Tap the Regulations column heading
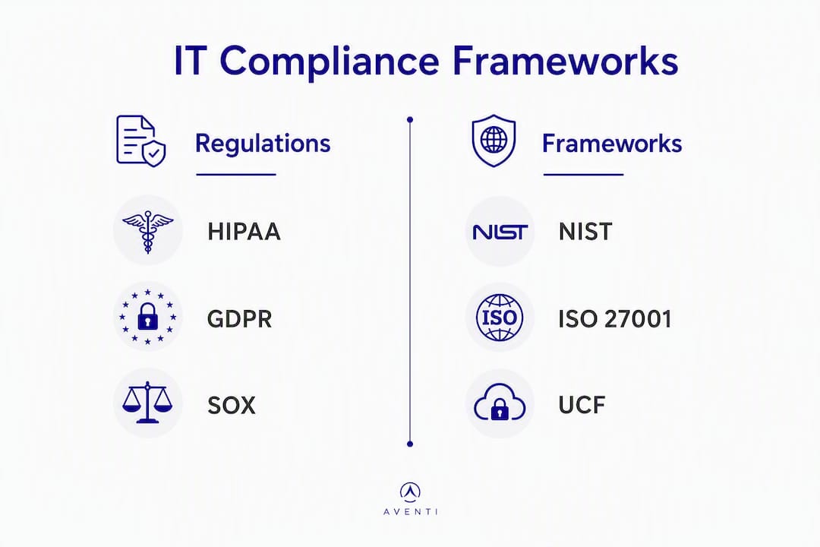(263, 144)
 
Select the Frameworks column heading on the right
(612, 144)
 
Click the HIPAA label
(244, 232)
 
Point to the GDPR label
(239, 319)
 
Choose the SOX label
(232, 406)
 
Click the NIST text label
(585, 232)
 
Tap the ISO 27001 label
(615, 319)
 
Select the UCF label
(582, 405)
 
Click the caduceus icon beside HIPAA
(148, 232)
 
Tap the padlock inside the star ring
(147, 316)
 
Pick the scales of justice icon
(147, 402)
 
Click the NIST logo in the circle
(500, 232)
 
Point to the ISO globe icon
(500, 318)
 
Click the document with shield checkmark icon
(140, 141)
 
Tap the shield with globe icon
(494, 141)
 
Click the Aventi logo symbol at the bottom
(411, 491)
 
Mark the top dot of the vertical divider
(410, 120)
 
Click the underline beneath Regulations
(236, 174)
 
